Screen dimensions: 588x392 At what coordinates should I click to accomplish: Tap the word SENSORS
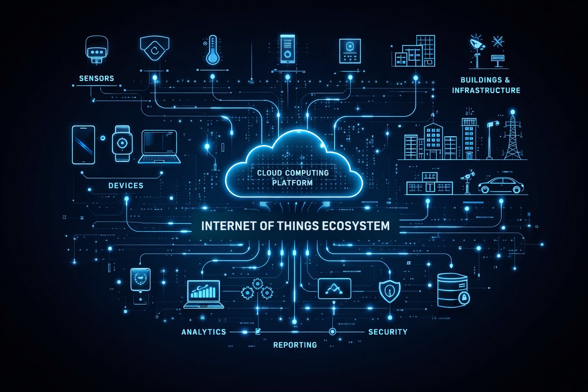point(96,78)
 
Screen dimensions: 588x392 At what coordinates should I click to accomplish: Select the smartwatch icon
point(122,143)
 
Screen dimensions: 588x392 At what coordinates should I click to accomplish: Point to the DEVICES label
point(126,185)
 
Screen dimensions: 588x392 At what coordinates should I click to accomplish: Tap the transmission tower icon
point(512,137)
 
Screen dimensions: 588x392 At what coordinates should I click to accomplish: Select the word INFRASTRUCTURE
point(486,90)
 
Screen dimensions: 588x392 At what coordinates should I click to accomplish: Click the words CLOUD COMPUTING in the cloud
point(293,173)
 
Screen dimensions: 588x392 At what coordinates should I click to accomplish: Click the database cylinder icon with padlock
point(453,290)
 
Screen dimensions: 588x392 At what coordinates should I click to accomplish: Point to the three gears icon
point(257,289)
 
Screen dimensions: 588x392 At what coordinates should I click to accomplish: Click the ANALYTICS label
point(203,332)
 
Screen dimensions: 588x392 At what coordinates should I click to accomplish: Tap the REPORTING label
point(295,345)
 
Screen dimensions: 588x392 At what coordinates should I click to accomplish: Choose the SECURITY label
point(388,332)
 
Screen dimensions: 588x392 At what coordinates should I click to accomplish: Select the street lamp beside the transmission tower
point(491,139)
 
